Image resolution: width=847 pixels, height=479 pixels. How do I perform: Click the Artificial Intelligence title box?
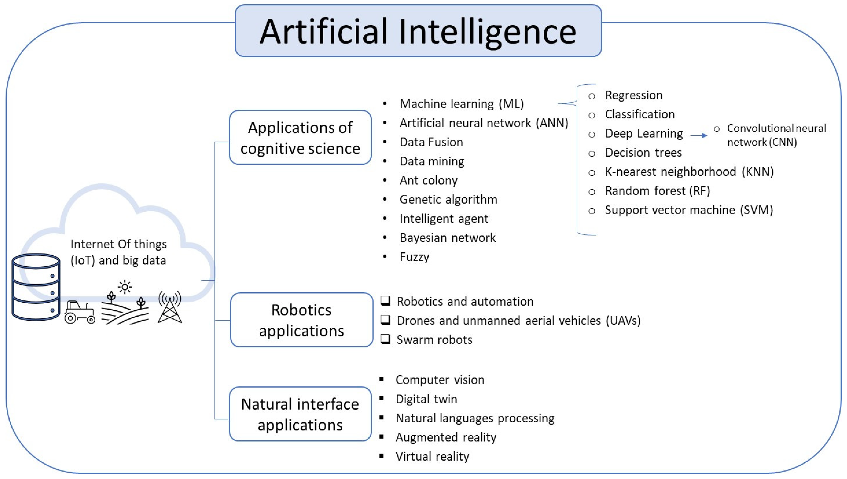click(418, 31)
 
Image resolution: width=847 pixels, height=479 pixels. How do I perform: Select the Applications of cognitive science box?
click(300, 137)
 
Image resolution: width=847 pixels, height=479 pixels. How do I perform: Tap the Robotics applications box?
click(301, 320)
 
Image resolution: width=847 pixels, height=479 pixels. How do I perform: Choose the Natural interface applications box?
click(300, 414)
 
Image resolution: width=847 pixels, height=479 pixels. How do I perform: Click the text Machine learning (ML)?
click(462, 104)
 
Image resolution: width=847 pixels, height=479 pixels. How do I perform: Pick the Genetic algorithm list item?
click(448, 199)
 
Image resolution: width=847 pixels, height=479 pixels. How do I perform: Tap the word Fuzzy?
click(414, 257)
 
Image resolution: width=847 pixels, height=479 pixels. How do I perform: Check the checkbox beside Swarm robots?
click(385, 339)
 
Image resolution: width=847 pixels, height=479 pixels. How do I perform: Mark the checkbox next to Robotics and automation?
click(385, 301)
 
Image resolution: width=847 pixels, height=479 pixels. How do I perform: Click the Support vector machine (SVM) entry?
click(689, 210)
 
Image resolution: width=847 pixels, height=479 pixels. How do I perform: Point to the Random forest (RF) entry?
click(657, 191)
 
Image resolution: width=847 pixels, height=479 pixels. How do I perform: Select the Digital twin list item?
click(426, 399)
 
